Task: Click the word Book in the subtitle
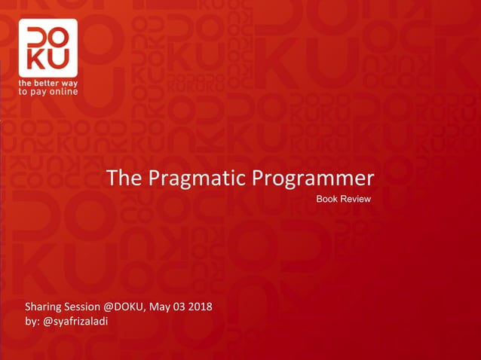(x=326, y=198)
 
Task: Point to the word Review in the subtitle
(x=355, y=198)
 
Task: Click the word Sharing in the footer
(x=43, y=307)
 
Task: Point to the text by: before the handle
(x=33, y=322)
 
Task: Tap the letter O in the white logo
(x=58, y=38)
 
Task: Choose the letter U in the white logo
(x=58, y=59)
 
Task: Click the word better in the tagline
(x=47, y=82)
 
